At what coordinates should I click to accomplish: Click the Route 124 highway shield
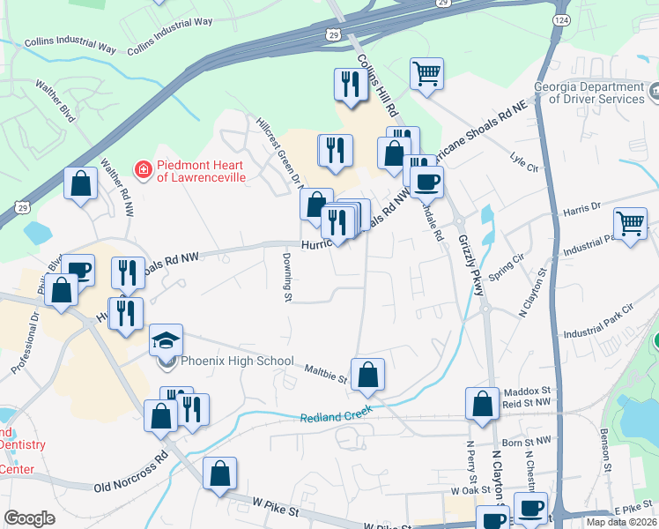point(559,19)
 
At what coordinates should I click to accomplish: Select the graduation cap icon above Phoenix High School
point(165,339)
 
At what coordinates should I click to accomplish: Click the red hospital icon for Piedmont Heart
point(140,168)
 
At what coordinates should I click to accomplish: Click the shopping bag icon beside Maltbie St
point(368,374)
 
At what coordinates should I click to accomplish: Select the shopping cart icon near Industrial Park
point(631,223)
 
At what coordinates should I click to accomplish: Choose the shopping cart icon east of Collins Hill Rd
point(427,74)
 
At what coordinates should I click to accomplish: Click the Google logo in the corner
point(29,518)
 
